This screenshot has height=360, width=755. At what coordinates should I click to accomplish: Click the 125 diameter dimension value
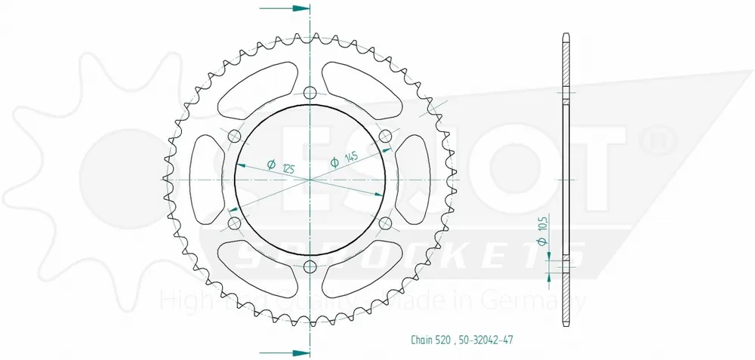point(285,168)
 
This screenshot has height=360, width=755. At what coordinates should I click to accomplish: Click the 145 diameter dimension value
point(350,158)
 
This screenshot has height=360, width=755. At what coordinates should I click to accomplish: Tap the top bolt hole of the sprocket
point(310,94)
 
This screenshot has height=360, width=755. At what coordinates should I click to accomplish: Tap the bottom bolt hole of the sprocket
point(310,266)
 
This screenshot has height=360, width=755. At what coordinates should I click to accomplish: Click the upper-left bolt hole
point(234,137)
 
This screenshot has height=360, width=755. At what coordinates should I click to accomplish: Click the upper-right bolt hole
point(386,137)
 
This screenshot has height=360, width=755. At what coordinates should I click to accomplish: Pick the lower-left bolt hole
point(234,223)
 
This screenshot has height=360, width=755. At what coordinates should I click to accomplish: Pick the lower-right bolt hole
point(386,223)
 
